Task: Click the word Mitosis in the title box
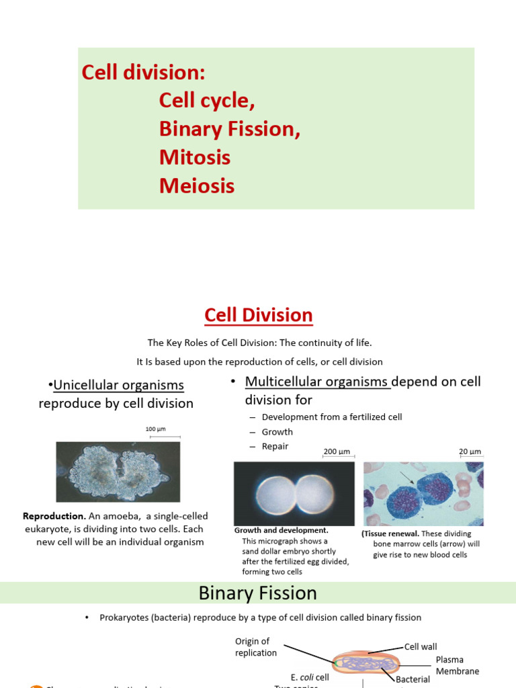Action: (194, 157)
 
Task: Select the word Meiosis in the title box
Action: (196, 185)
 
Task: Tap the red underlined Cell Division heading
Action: (258, 315)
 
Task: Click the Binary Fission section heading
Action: (257, 593)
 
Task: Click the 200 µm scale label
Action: (337, 452)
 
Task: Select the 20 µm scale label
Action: (470, 452)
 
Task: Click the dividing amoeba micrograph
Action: (118, 472)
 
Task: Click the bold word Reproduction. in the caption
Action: (54, 516)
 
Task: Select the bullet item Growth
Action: (277, 432)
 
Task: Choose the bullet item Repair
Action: (275, 446)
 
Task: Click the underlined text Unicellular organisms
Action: (118, 386)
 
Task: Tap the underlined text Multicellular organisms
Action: (317, 382)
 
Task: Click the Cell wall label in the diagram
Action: (421, 646)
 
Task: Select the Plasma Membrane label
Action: (458, 665)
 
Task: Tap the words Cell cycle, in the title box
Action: (207, 101)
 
